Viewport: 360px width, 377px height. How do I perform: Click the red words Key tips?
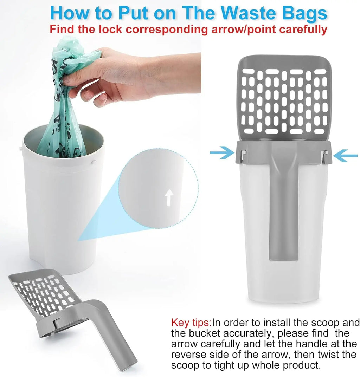pyautogui.click(x=191, y=323)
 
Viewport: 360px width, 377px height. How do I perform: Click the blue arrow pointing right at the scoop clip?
pyautogui.click(x=222, y=153)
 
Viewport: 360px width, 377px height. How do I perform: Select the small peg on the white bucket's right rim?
pyautogui.click(x=93, y=162)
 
